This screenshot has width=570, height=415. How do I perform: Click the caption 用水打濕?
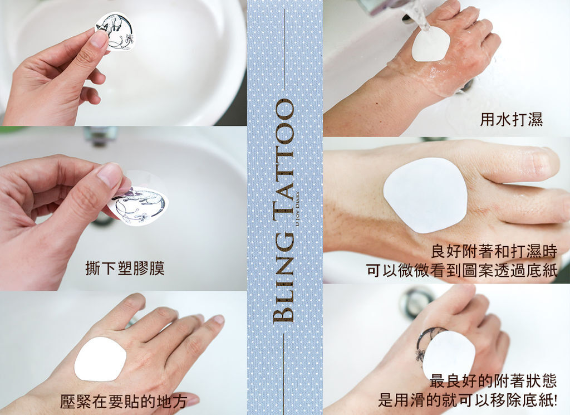(x=511, y=119)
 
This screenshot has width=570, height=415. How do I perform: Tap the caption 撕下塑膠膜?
(x=125, y=268)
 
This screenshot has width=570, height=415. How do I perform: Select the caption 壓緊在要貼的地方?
(x=124, y=402)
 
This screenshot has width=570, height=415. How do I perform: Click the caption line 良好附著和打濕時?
(x=494, y=251)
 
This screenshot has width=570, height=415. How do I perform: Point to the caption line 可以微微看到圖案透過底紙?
(x=462, y=271)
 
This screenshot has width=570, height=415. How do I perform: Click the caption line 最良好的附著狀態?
(x=493, y=381)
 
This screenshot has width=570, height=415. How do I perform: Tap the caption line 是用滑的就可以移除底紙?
(x=468, y=401)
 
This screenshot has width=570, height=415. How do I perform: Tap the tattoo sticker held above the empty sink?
(x=114, y=31)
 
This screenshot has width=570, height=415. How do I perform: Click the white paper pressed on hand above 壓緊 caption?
(x=100, y=359)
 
